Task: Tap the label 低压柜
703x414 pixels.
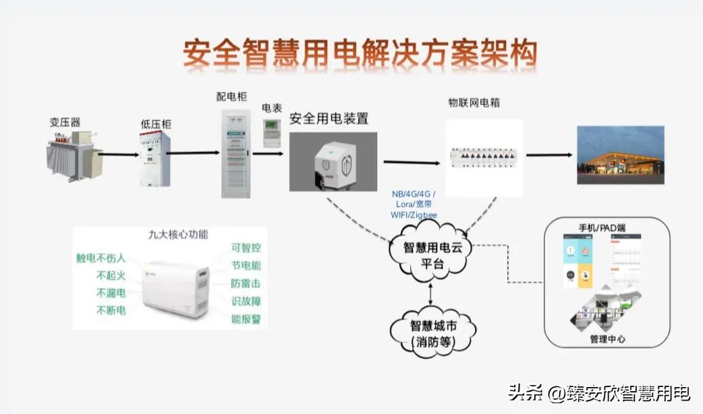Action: click(x=156, y=124)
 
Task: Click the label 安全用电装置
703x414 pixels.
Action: click(x=329, y=119)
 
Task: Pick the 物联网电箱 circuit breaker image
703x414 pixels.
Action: click(x=484, y=158)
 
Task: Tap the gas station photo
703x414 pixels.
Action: click(x=620, y=155)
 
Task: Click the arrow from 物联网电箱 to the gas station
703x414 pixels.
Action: click(x=549, y=155)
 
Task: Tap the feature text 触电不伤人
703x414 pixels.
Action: click(x=101, y=258)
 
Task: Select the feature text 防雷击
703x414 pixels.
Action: click(x=246, y=284)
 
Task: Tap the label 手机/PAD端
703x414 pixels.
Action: click(x=602, y=228)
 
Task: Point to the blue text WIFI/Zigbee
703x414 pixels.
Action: click(x=414, y=215)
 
